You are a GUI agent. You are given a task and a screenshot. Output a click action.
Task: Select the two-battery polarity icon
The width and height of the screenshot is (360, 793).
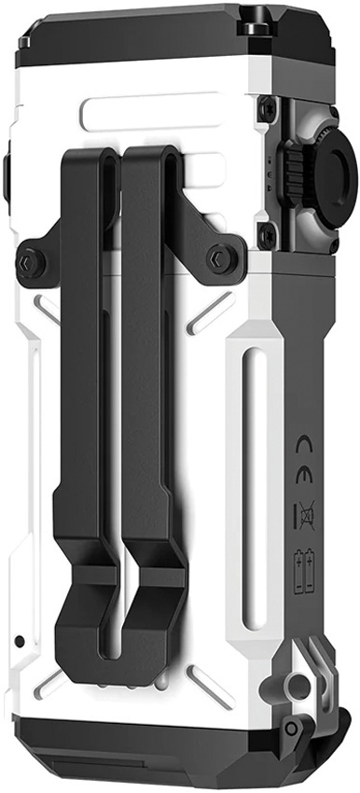[x=305, y=572]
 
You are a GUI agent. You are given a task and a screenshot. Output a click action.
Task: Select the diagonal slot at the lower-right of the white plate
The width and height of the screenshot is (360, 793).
[x=211, y=687]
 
